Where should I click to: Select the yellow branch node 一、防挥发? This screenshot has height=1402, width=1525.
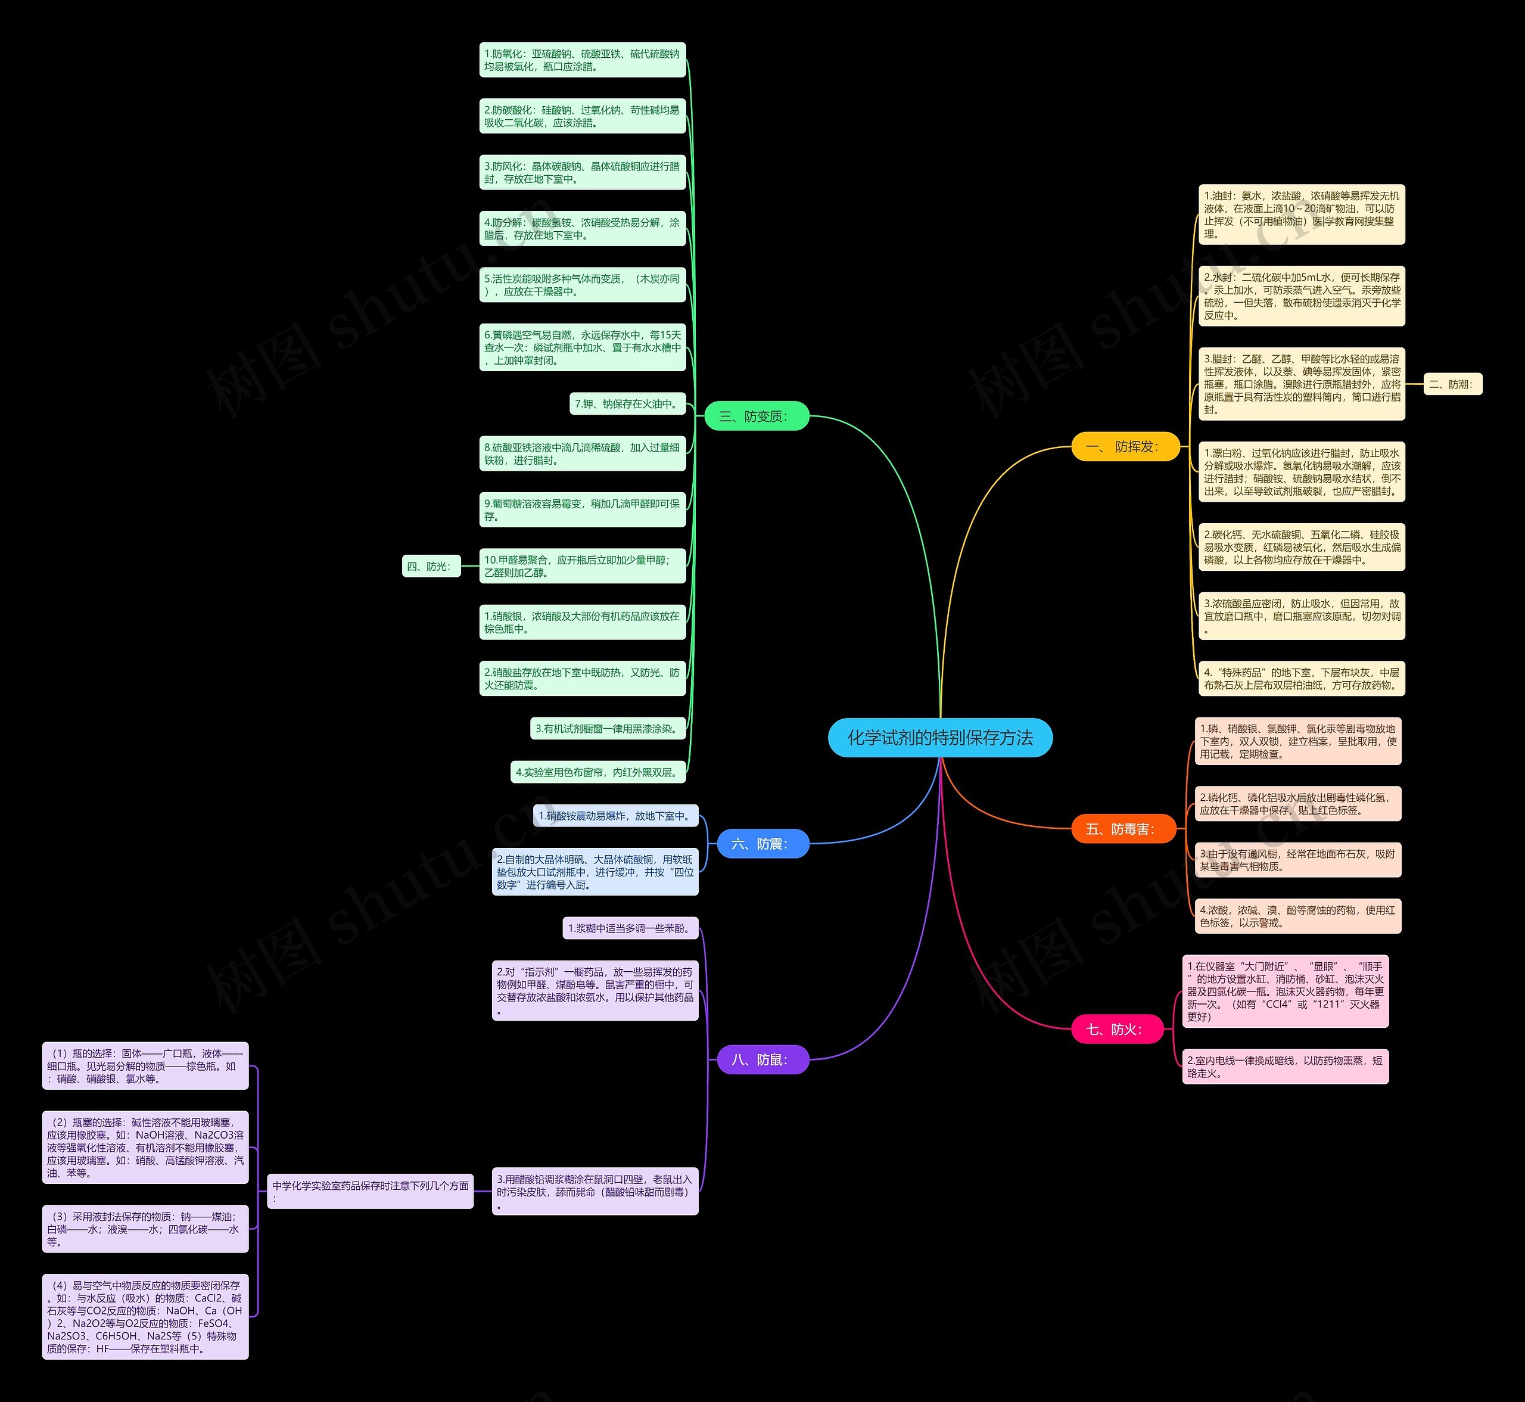1125,447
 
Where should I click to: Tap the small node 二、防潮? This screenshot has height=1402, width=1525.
1452,385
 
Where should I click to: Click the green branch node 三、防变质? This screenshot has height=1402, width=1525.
756,416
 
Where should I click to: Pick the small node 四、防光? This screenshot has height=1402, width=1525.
430,566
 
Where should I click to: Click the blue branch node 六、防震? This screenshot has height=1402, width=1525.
762,844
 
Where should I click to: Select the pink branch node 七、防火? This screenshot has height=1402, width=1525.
1116,1030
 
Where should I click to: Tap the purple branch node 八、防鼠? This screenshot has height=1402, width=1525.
762,1060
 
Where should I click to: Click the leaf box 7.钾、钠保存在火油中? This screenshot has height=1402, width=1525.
627,403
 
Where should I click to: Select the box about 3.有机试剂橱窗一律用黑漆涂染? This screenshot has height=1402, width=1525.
608,728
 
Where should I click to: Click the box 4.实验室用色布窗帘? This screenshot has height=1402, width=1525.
597,772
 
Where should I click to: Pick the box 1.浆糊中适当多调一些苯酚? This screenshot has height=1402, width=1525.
630,928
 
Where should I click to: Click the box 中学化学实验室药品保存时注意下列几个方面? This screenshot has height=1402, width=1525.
370,1191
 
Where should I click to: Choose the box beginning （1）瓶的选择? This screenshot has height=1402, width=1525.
145,1066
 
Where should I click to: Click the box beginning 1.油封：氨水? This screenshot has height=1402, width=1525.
1301,215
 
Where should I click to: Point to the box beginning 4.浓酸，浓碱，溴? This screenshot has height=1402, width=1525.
1297,916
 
